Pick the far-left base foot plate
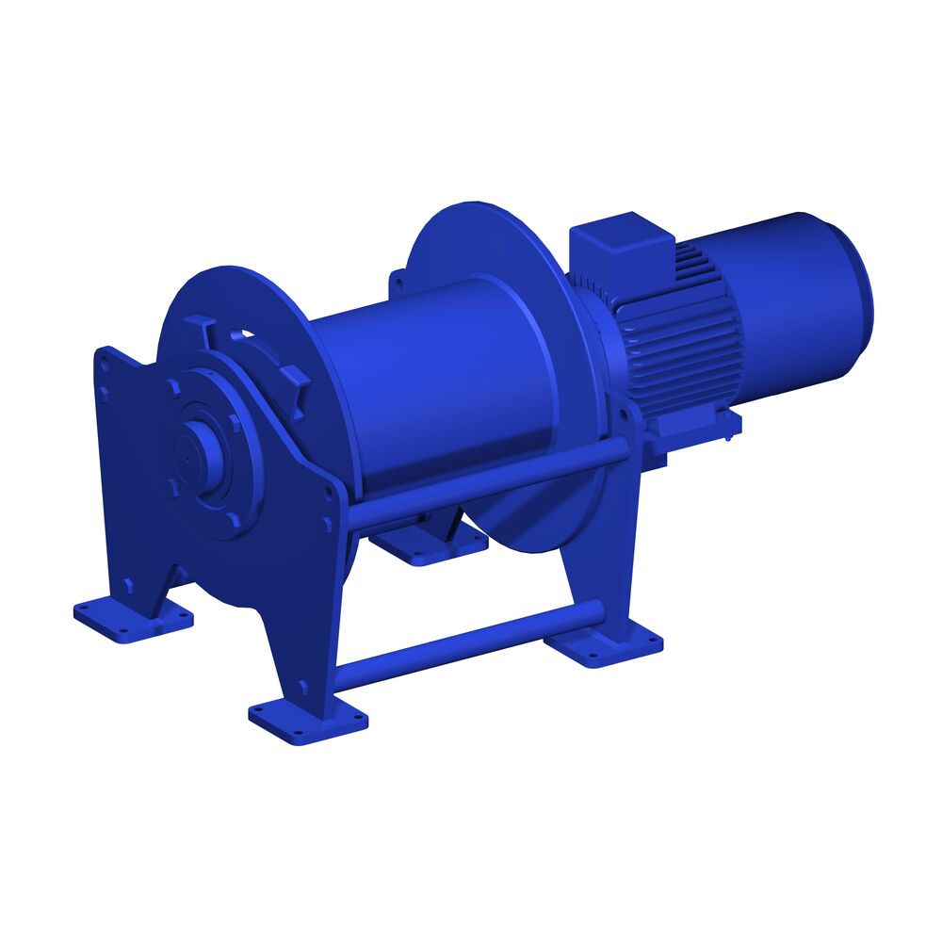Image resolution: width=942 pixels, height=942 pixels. tap(132, 617)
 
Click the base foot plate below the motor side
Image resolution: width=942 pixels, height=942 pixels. tap(604, 645)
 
